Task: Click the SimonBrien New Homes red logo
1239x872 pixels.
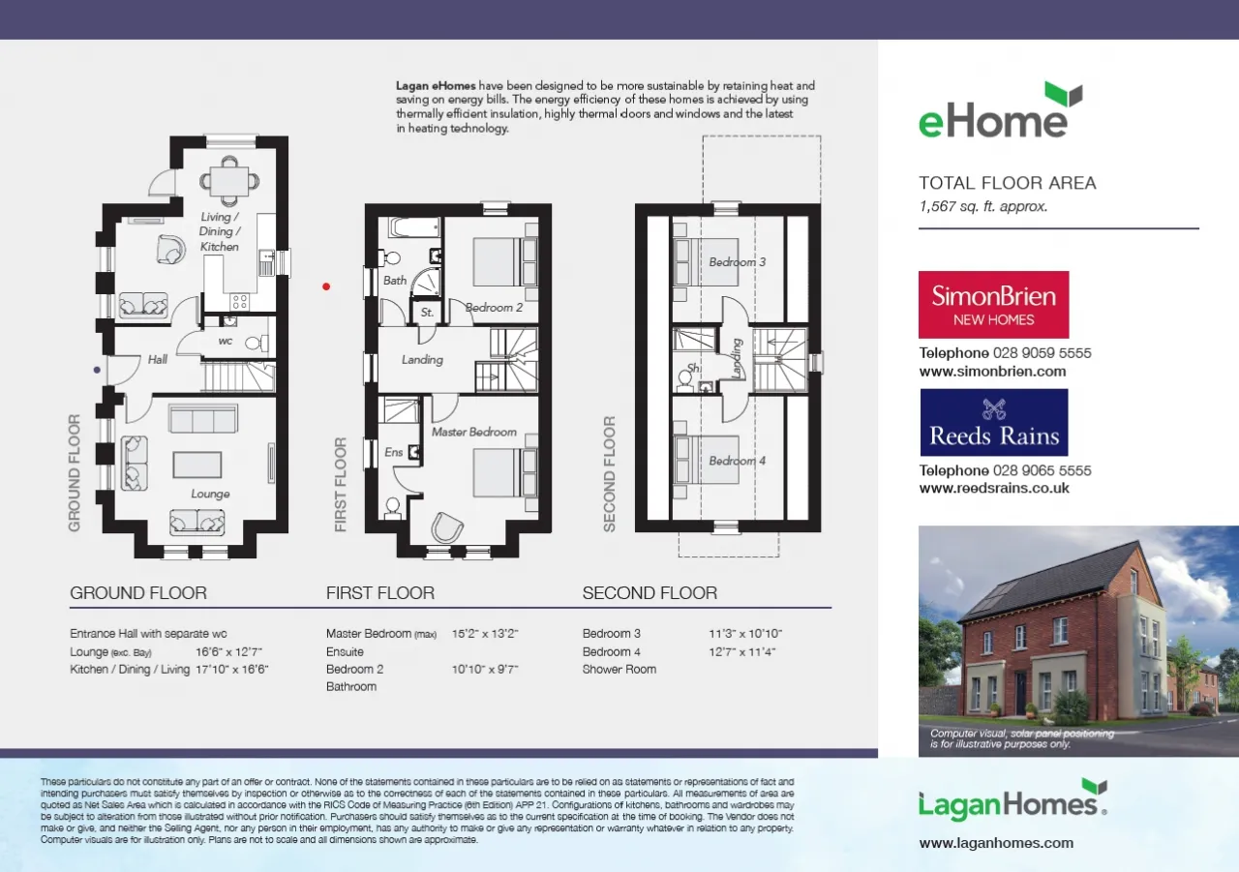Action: (x=993, y=305)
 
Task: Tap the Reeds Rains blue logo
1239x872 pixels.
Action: (x=994, y=423)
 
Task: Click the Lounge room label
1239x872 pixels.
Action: (x=210, y=494)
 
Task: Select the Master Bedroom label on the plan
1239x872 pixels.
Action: (x=474, y=432)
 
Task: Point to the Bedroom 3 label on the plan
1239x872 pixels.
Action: (x=738, y=262)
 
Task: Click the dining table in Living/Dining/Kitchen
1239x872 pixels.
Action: (x=229, y=181)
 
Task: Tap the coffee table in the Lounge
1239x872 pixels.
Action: (x=196, y=465)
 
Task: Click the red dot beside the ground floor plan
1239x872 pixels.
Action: (x=326, y=286)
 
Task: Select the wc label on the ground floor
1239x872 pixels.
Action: (x=226, y=342)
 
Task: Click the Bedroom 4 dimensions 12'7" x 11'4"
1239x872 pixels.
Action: (x=741, y=652)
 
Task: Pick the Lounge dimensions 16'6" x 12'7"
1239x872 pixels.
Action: (x=228, y=652)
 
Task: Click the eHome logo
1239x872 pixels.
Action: (x=1001, y=110)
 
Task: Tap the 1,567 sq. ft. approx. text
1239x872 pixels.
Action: (x=982, y=207)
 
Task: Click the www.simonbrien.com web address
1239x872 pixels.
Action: (x=992, y=371)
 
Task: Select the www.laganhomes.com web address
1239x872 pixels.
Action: (x=996, y=843)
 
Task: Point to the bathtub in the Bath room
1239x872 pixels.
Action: (x=415, y=227)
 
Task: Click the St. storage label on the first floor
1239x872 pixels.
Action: (x=427, y=313)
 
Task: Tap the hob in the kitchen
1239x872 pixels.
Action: (x=239, y=301)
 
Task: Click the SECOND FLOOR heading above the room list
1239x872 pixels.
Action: (x=650, y=592)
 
